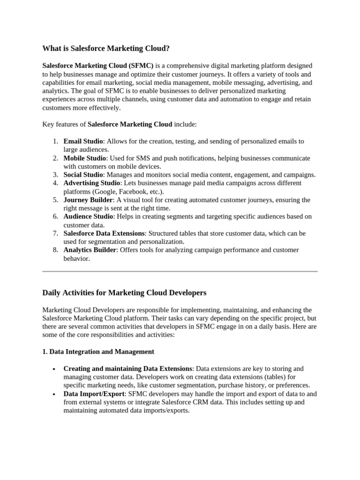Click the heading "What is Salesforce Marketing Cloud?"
(106, 48)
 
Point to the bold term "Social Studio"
(83, 175)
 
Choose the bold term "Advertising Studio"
(92, 183)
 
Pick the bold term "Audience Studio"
(88, 217)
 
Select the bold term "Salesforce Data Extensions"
(104, 233)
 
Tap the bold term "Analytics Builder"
(90, 250)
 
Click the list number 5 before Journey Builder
(55, 200)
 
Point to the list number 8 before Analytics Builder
(55, 250)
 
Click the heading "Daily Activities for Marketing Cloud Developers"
(124, 293)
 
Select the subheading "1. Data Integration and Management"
(98, 352)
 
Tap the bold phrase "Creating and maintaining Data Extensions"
(127, 368)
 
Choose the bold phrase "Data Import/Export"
(94, 394)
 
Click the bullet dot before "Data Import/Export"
(55, 394)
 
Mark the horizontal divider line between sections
(180, 271)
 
